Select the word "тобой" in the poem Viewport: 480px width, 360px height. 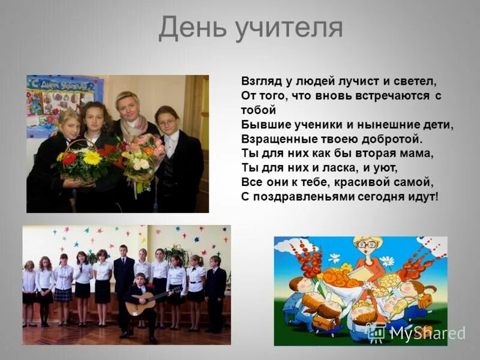pos(259,110)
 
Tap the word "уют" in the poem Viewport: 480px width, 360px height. pos(385,167)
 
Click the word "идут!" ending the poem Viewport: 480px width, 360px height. pos(424,197)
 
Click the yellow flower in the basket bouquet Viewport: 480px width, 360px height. pos(92,158)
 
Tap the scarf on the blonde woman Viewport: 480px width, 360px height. pos(133,126)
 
